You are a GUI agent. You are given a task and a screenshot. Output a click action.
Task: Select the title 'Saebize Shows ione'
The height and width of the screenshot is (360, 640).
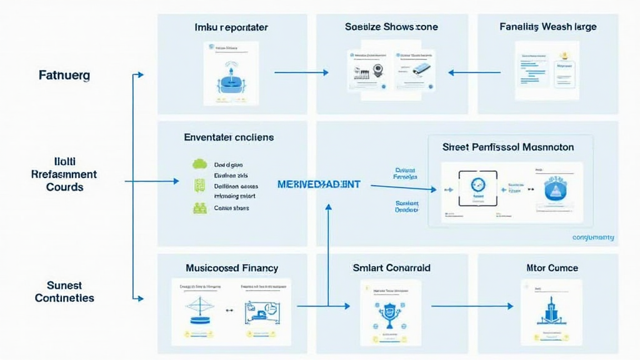point(391,27)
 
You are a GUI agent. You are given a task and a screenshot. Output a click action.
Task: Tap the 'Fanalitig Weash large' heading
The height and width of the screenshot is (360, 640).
point(547,27)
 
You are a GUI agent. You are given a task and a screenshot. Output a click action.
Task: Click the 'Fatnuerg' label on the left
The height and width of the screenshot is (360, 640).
point(64,75)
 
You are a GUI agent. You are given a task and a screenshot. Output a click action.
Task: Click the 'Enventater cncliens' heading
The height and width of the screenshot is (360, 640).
point(229,137)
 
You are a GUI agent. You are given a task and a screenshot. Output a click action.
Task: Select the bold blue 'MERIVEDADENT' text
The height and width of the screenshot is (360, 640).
point(318,185)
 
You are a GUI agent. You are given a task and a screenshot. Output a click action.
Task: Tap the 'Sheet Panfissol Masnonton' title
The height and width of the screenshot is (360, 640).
point(508,147)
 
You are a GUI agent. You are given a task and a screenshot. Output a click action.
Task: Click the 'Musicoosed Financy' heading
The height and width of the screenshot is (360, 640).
point(232,267)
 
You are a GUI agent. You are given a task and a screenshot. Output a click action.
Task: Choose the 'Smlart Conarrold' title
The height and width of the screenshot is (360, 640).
point(391,267)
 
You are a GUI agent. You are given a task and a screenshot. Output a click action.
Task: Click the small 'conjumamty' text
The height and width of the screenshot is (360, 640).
point(592,237)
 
